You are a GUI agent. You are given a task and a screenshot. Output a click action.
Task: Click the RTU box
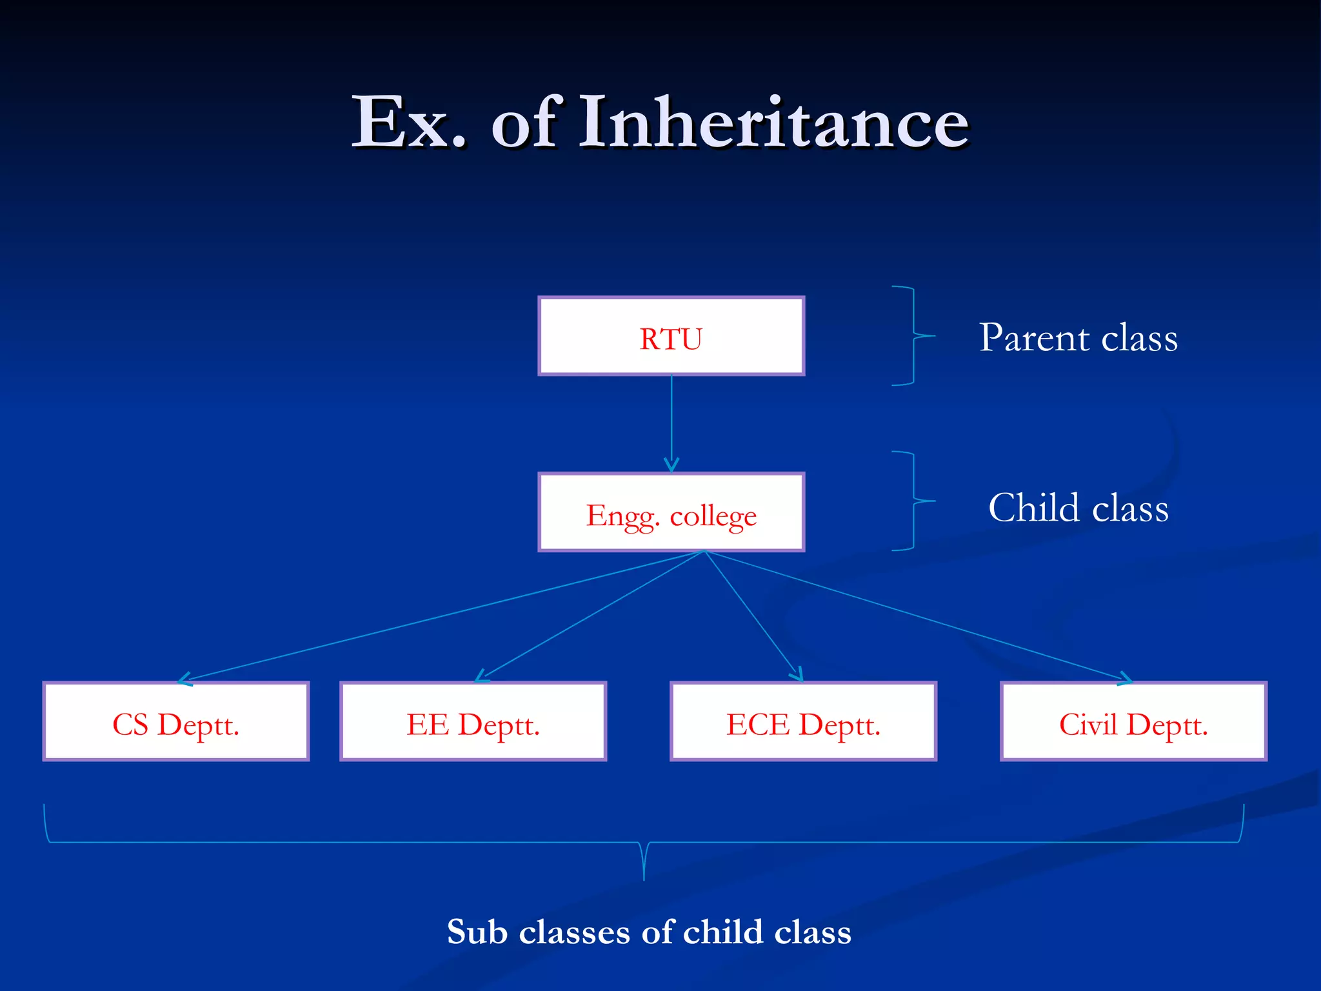[671, 336]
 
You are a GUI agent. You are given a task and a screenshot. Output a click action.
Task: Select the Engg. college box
[671, 513]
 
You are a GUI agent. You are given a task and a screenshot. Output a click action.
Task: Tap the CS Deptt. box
[176, 721]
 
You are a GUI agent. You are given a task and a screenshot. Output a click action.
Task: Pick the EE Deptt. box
[473, 721]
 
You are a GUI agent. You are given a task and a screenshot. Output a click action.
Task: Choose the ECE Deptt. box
[803, 721]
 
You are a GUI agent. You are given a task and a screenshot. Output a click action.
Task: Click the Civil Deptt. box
[1133, 721]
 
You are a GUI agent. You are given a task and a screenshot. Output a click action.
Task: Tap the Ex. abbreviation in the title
[408, 123]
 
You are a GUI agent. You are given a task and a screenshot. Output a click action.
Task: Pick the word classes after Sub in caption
[574, 932]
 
